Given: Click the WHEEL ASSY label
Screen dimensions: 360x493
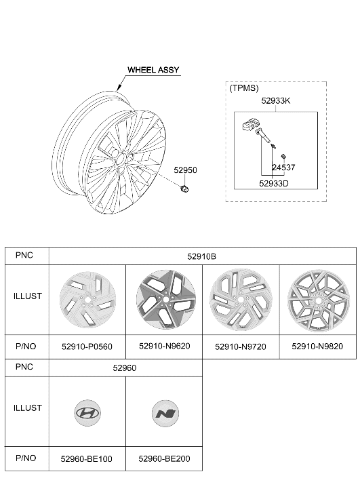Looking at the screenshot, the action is click(x=153, y=70).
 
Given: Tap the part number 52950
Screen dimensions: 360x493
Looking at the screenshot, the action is click(x=185, y=170).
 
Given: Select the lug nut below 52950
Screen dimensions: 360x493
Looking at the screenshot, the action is click(x=184, y=189).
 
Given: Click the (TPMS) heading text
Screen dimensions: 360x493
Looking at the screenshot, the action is click(x=244, y=88).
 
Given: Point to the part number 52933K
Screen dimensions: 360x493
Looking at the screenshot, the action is click(x=276, y=100).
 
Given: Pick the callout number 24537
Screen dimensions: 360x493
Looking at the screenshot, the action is click(x=283, y=167).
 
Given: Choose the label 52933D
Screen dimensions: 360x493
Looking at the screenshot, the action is click(x=273, y=183).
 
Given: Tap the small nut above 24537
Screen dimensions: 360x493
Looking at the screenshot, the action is click(x=283, y=156).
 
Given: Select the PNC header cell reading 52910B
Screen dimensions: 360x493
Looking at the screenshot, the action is click(x=202, y=256).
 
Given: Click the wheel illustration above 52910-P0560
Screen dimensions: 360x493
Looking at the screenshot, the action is click(x=87, y=300).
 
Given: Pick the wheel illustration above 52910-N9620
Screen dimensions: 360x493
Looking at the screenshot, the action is click(x=166, y=300).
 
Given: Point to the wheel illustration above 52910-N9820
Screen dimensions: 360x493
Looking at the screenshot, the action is click(x=318, y=301).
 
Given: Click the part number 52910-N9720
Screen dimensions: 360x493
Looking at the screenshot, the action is click(x=241, y=347).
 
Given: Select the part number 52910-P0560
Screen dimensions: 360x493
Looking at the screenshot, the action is click(x=87, y=347).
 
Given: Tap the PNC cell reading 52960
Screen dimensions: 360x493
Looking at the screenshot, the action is click(x=125, y=368).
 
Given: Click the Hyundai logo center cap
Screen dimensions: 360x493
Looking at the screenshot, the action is click(x=87, y=413).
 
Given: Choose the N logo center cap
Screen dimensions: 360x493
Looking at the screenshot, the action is click(x=165, y=414).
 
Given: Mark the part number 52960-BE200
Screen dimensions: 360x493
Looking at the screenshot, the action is click(x=164, y=458).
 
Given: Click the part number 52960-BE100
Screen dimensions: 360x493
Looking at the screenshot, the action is click(x=87, y=459).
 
